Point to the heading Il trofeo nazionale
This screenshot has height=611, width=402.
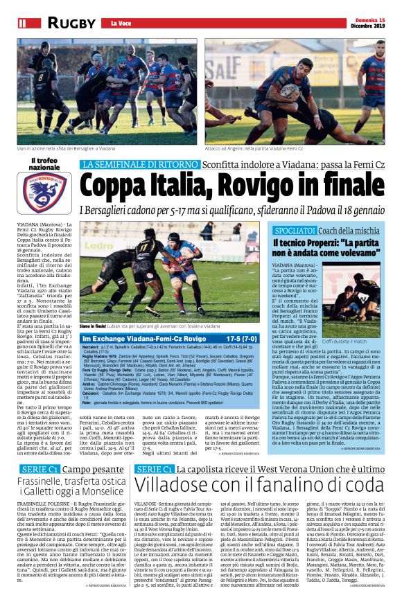tap(44, 163)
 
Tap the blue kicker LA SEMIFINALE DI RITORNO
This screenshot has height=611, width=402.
tap(139, 164)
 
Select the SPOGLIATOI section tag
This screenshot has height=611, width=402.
tap(297, 230)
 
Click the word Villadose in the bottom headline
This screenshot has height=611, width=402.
tap(178, 462)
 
